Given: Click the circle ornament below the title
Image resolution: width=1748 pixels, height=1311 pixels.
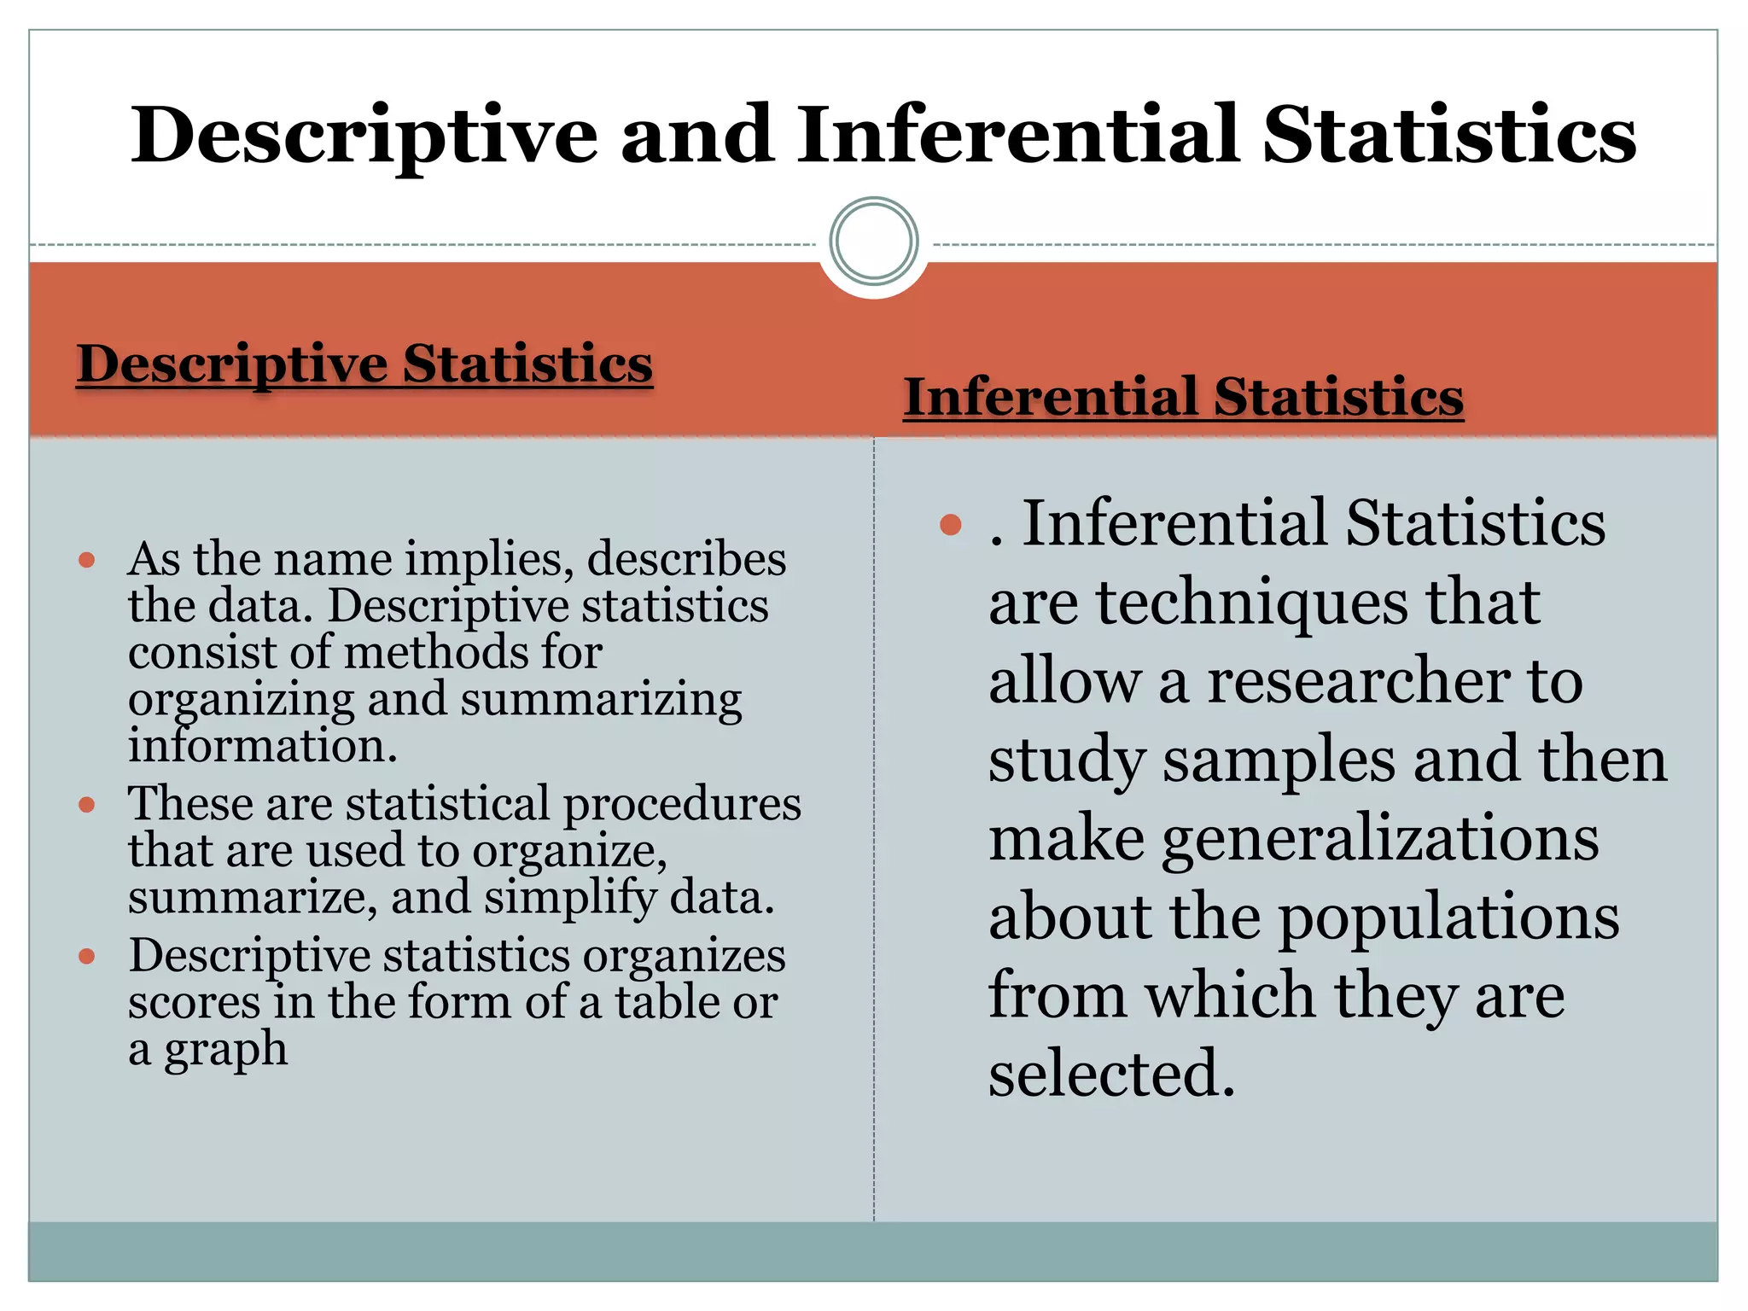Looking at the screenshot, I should pyautogui.click(x=873, y=242).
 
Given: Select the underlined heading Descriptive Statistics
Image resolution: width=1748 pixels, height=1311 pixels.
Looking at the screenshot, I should pyautogui.click(x=364, y=364).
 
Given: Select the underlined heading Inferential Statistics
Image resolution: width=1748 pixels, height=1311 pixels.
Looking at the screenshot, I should pyautogui.click(x=1183, y=398).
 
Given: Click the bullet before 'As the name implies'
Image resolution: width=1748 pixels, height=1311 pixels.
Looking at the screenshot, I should pyautogui.click(x=86, y=561).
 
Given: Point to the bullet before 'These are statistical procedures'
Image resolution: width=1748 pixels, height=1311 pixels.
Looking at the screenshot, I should pyautogui.click(x=86, y=805).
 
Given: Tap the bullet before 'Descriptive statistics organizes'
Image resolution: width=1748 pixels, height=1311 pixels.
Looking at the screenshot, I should pyautogui.click(x=86, y=957).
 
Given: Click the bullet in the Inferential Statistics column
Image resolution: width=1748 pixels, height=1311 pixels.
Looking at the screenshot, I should pyautogui.click(x=950, y=524).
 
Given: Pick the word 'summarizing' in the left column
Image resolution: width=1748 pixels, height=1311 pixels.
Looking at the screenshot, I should pyautogui.click(x=601, y=700).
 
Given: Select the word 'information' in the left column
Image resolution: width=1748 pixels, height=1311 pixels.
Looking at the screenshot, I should pyautogui.click(x=262, y=745).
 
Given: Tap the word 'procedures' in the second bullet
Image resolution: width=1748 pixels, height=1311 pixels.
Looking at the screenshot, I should pyautogui.click(x=682, y=805).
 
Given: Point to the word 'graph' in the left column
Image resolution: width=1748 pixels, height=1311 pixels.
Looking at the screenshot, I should pyautogui.click(x=225, y=1050).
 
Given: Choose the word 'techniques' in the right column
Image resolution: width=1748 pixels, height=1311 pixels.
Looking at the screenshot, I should pyautogui.click(x=1252, y=603).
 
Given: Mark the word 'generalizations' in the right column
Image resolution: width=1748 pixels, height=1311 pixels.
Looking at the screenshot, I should pyautogui.click(x=1380, y=839).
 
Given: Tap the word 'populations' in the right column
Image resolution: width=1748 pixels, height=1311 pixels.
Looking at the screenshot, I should pyautogui.click(x=1448, y=918).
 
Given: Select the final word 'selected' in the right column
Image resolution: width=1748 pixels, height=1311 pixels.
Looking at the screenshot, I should pyautogui.click(x=1110, y=1074).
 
